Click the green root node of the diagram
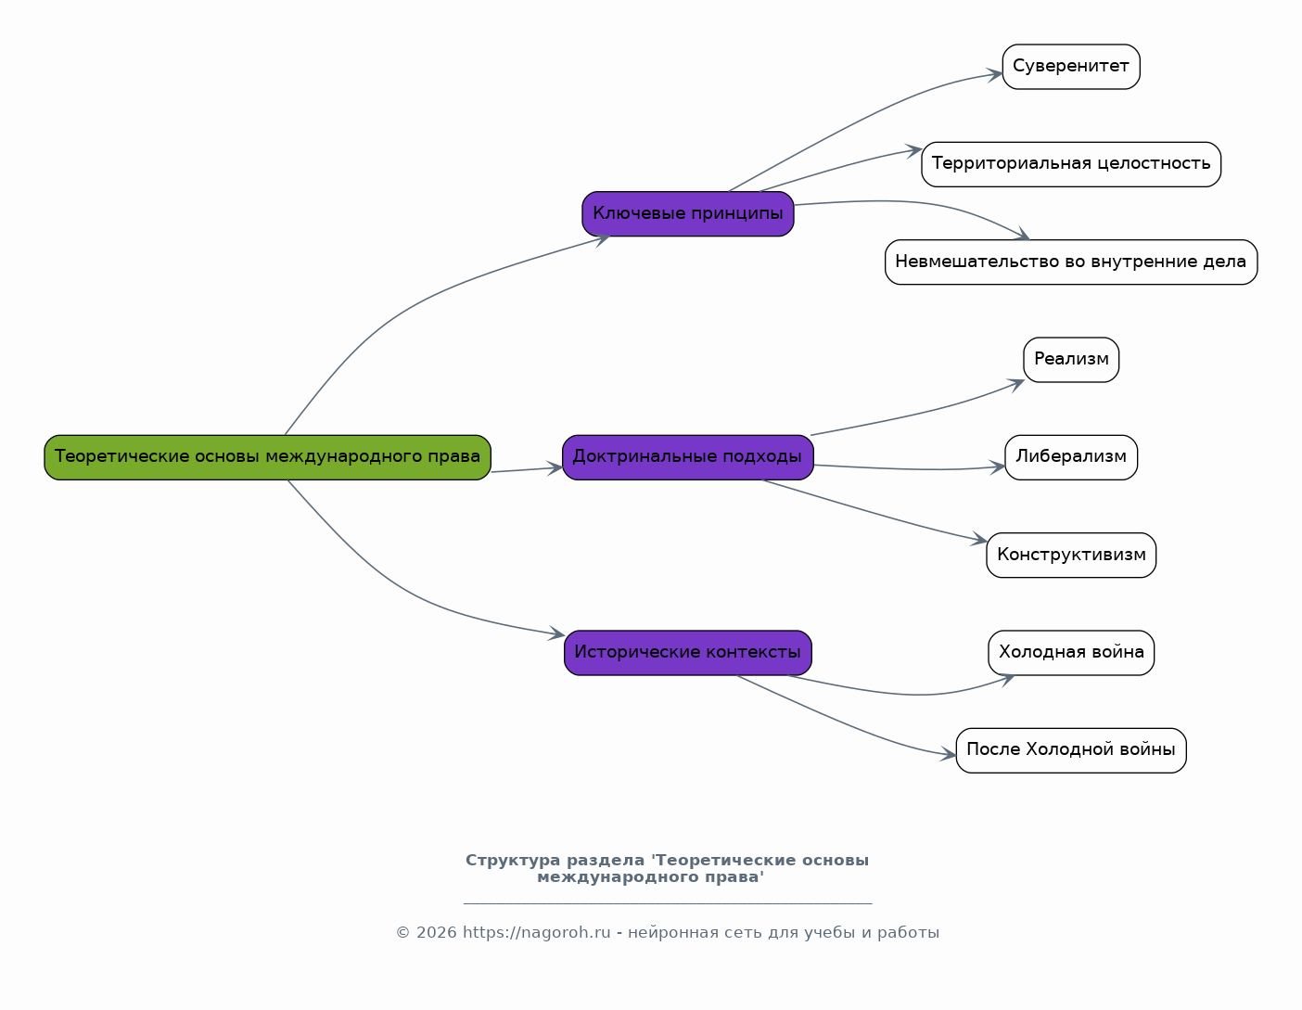click(x=267, y=457)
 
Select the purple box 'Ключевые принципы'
click(x=688, y=214)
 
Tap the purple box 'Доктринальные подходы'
click(x=688, y=457)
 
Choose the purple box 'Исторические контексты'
click(x=688, y=652)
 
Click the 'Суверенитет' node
click(x=1071, y=67)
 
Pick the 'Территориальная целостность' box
click(x=1071, y=164)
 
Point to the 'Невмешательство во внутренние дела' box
click(x=1071, y=262)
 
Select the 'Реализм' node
click(x=1071, y=360)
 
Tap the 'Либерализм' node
click(x=1071, y=457)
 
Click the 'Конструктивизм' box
click(x=1071, y=555)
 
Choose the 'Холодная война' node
click(x=1071, y=652)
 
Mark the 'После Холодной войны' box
click(x=1071, y=750)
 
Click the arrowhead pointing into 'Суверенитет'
click(x=996, y=75)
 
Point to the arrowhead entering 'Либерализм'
click(x=998, y=467)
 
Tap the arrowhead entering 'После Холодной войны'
click(x=949, y=754)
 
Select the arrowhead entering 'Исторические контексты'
click(x=557, y=633)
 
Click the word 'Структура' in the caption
click(x=512, y=861)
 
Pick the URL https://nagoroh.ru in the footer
click(x=536, y=933)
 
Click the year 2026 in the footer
click(x=436, y=933)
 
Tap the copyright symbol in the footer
click(x=402, y=933)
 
